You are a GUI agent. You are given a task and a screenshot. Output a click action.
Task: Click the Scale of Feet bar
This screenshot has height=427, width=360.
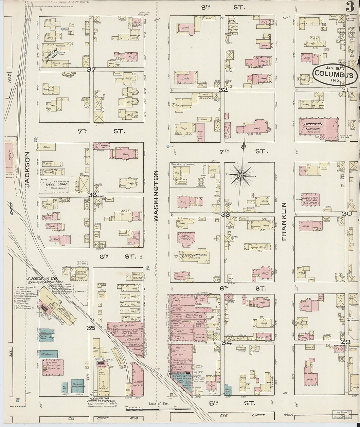point(158,408)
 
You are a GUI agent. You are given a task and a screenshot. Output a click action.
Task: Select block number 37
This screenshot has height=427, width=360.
point(91,69)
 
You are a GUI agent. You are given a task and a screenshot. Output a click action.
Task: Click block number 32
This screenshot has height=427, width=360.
point(223,90)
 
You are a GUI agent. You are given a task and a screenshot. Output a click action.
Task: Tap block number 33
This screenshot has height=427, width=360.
point(225,215)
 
